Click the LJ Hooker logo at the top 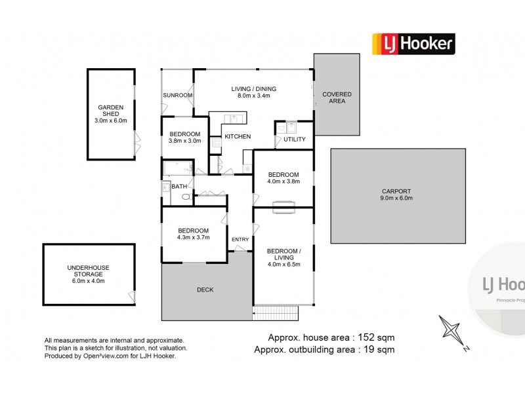pyautogui.click(x=413, y=44)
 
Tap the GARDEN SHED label pyautogui.click(x=111, y=111)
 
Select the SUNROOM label pyautogui.click(x=177, y=95)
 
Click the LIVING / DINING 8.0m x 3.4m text pyautogui.click(x=254, y=92)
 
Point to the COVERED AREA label pyautogui.click(x=337, y=98)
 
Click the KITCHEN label pyautogui.click(x=238, y=136)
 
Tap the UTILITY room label pyautogui.click(x=295, y=139)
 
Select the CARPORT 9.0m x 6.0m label pyautogui.click(x=396, y=195)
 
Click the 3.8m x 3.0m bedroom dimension pyautogui.click(x=185, y=141)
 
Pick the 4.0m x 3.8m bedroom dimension pyautogui.click(x=283, y=181)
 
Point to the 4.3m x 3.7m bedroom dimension pyautogui.click(x=193, y=237)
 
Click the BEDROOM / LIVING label pyautogui.click(x=284, y=254)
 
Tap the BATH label pyautogui.click(x=179, y=187)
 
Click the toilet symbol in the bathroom pyautogui.click(x=187, y=196)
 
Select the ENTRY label pyautogui.click(x=240, y=239)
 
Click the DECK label pyautogui.click(x=205, y=290)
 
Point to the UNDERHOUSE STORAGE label pyautogui.click(x=89, y=271)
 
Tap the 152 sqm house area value pyautogui.click(x=376, y=337)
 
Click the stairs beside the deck pyautogui.click(x=275, y=313)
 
